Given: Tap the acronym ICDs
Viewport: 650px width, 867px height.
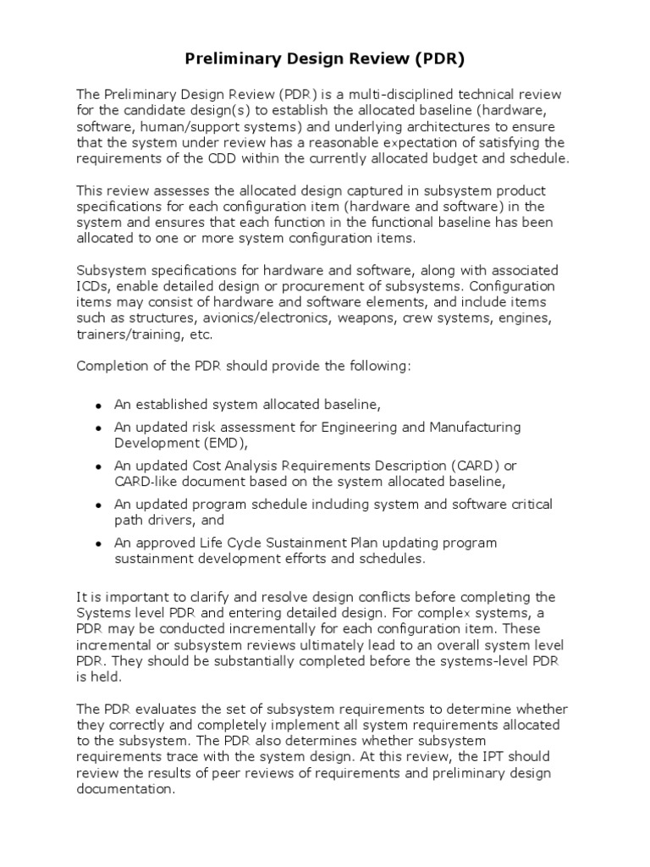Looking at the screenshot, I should point(92,286).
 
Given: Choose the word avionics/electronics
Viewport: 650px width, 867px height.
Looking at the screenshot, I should point(267,318).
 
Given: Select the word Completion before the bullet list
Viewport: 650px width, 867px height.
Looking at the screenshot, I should point(111,367).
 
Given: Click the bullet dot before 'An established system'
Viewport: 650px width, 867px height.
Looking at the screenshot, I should point(99,406).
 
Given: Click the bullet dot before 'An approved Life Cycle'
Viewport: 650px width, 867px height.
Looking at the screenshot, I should point(99,544).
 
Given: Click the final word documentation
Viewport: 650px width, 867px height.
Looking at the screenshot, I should point(126,789).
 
